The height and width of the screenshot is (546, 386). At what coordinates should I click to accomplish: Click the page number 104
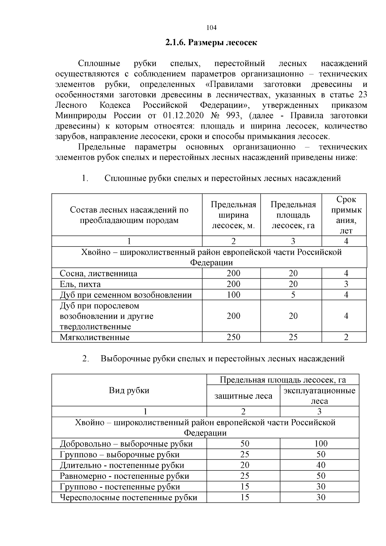[211, 28]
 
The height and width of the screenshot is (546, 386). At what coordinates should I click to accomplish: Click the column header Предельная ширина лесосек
[233, 215]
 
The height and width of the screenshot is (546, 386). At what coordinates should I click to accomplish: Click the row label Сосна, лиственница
[98, 273]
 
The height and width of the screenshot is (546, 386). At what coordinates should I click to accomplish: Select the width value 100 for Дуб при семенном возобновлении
[233, 295]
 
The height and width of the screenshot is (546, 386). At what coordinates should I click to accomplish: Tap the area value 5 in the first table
[293, 295]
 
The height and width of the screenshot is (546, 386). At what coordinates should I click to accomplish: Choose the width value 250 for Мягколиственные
[233, 337]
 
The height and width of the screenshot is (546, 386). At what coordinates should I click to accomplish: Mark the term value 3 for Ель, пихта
[346, 284]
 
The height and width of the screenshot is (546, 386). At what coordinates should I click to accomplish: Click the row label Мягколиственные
[95, 337]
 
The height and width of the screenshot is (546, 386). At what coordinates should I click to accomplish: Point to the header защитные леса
[243, 396]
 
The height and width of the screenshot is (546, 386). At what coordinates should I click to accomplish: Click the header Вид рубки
[129, 391]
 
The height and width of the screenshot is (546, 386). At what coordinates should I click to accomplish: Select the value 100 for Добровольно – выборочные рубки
[321, 444]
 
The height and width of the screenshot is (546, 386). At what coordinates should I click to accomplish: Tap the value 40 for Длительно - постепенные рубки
[321, 465]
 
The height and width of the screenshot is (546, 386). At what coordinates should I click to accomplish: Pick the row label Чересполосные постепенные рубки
[128, 497]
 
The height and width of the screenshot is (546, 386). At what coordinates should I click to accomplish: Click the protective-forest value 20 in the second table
[245, 465]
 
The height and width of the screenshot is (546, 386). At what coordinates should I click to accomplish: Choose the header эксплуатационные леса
[319, 396]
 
